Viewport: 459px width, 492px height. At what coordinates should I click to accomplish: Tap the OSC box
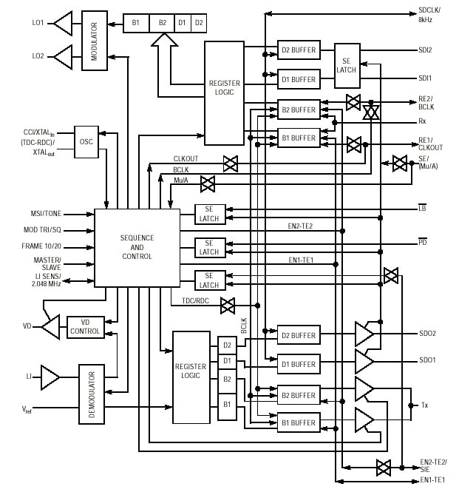(x=86, y=141)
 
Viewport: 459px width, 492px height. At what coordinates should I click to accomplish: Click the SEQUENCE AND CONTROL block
(x=137, y=246)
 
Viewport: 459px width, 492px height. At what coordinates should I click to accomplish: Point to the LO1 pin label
(x=37, y=24)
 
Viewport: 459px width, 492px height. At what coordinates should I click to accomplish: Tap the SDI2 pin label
(x=425, y=50)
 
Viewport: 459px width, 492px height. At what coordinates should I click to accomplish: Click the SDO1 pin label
(x=427, y=360)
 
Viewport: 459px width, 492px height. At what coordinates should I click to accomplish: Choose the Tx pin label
(x=425, y=405)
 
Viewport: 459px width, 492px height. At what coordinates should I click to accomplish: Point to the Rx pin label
(x=423, y=122)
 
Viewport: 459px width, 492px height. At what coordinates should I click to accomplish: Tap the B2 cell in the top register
(x=162, y=24)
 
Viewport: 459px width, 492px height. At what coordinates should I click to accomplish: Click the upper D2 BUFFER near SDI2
(x=299, y=50)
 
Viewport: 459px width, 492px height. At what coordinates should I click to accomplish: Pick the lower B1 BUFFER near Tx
(x=299, y=423)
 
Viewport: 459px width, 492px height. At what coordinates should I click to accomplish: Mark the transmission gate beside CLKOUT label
(x=230, y=164)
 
